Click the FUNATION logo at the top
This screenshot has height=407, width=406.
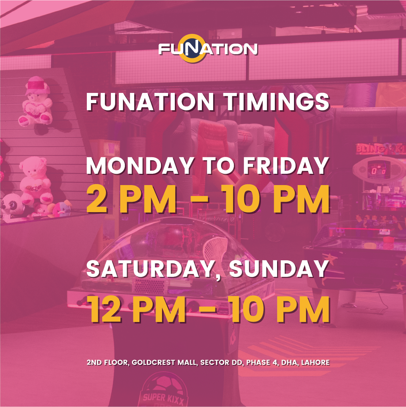[208, 49]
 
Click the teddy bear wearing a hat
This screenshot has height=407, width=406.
[35, 102]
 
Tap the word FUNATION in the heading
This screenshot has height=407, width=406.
[150, 101]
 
